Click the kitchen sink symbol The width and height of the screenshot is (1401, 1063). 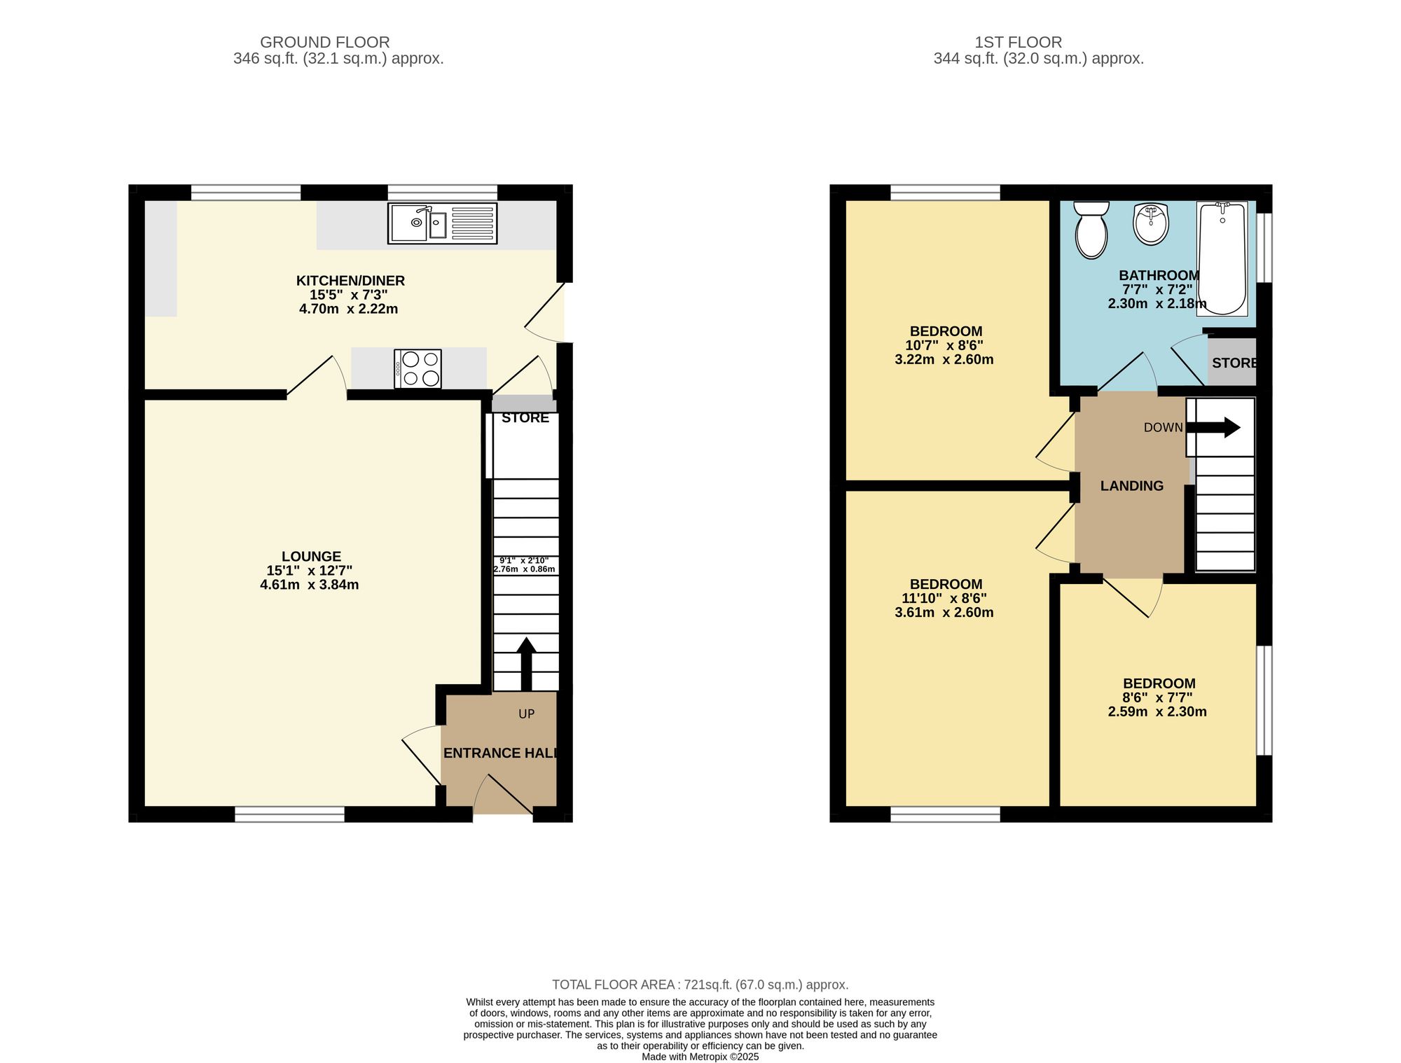pos(442,223)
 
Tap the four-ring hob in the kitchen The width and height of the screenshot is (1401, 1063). pos(418,368)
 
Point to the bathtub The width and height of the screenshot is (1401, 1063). pos(1222,258)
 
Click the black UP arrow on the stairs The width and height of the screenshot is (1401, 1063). pos(526,662)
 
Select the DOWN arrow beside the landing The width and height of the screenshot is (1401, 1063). pos(1215,427)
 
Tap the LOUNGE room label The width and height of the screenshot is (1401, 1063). pos(311,556)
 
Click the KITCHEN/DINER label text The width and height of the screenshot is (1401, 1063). pos(350,281)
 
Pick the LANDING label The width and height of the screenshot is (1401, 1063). pos(1131,486)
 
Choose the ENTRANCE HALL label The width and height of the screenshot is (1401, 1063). pos(500,753)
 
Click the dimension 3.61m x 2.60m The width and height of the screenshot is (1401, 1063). pos(944,612)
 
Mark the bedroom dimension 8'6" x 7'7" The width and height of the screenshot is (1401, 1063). pos(1157,697)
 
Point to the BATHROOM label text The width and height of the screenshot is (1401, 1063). pos(1159,275)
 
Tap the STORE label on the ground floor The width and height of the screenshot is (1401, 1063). pos(525,418)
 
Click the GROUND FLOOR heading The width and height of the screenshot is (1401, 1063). pos(324,42)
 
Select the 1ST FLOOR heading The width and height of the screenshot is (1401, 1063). pos(1018,42)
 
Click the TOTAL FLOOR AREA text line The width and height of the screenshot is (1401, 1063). pos(700,985)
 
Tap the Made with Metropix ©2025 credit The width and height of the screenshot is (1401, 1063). pos(700,1057)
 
